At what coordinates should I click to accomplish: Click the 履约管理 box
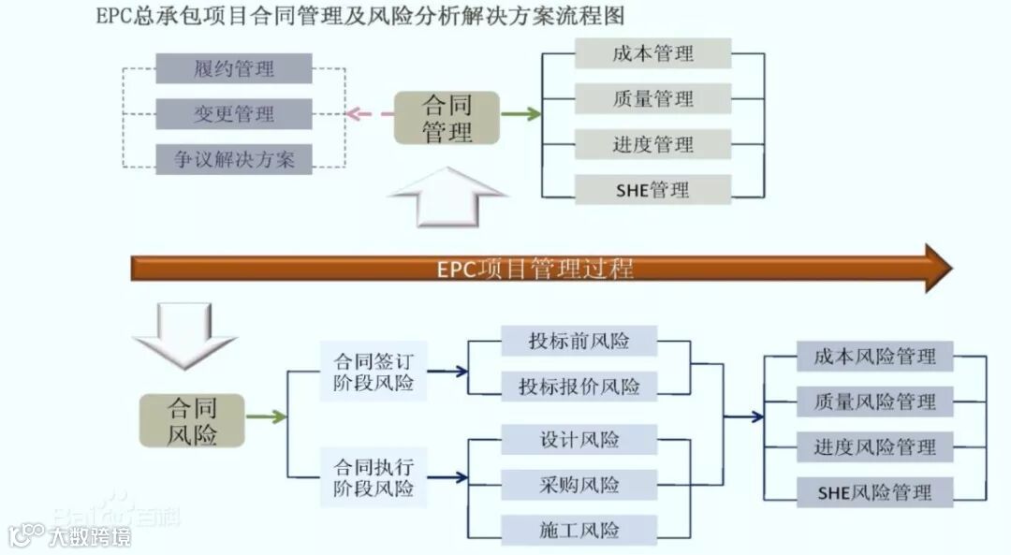tap(234, 68)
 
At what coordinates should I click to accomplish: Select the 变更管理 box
tap(234, 114)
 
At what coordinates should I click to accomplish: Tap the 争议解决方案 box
tap(234, 159)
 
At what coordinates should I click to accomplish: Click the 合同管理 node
tap(447, 117)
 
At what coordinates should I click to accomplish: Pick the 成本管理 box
tap(652, 53)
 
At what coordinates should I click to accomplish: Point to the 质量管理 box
tap(652, 98)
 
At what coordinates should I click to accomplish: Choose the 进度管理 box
tap(652, 144)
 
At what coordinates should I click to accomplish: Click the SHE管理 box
tap(652, 190)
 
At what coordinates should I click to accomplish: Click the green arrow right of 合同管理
tap(521, 115)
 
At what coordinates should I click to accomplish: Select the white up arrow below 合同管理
tap(447, 197)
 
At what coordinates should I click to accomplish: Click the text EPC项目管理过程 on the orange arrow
tap(535, 270)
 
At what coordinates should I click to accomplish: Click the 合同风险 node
tap(193, 421)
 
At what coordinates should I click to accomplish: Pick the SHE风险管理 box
tap(874, 491)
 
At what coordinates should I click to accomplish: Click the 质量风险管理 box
tap(874, 402)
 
